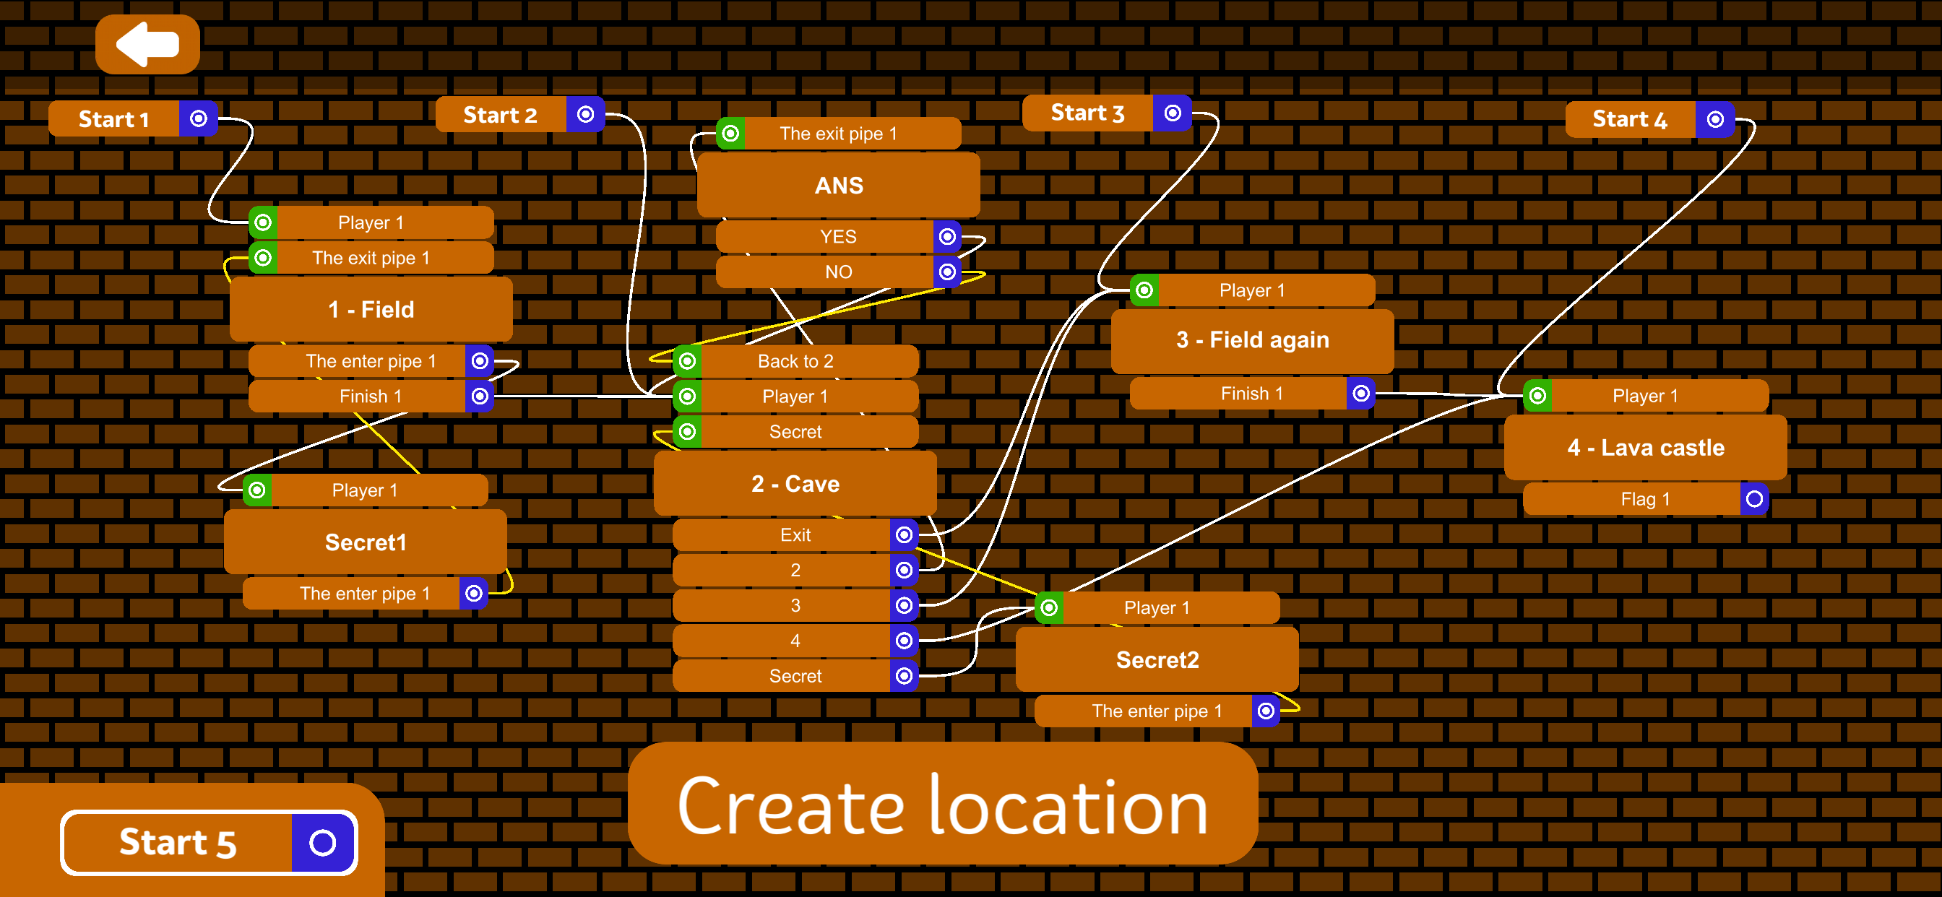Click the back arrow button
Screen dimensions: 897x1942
(x=147, y=45)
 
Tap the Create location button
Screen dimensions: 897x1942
(x=942, y=805)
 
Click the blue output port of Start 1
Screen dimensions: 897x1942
(x=198, y=118)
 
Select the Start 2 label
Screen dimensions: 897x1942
(x=501, y=115)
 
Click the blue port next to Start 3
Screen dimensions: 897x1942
(x=1173, y=113)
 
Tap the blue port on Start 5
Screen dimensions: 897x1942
(x=323, y=842)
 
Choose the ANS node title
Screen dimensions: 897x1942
(x=838, y=186)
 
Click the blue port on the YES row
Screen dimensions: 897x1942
(x=947, y=237)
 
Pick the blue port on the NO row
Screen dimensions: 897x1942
(x=947, y=272)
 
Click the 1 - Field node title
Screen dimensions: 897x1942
(x=371, y=309)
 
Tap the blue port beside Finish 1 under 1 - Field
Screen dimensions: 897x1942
(x=480, y=396)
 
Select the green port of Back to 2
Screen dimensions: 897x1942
(x=687, y=361)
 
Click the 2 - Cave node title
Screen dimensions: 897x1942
(x=795, y=484)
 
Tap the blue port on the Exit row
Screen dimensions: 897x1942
(x=904, y=535)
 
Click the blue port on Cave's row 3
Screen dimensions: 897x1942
(x=904, y=605)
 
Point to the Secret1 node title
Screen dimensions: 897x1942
(x=366, y=542)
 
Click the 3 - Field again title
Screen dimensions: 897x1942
(x=1252, y=340)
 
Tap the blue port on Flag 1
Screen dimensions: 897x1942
(x=1754, y=499)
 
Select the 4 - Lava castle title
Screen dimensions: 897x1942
(x=1645, y=448)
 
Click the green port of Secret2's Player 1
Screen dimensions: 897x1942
(x=1048, y=607)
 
